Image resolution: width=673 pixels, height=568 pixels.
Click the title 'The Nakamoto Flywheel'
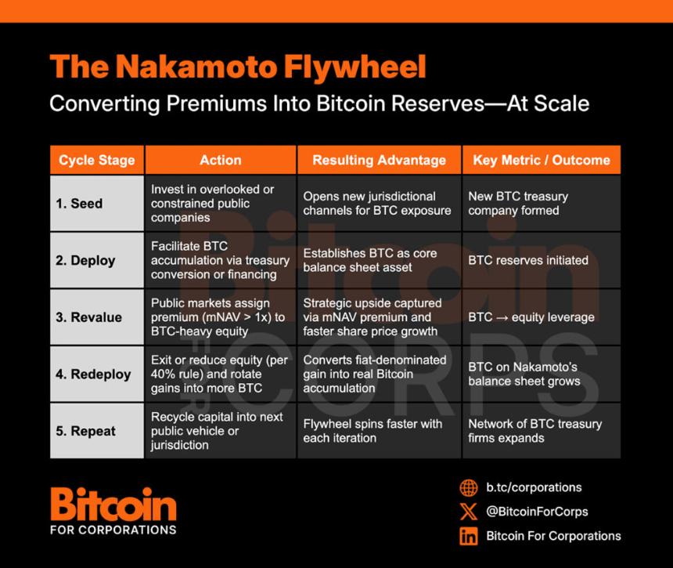[x=238, y=67]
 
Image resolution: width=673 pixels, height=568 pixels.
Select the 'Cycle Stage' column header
[x=97, y=161]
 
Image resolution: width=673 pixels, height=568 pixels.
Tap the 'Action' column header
[x=221, y=160]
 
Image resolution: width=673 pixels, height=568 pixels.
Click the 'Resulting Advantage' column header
[x=379, y=161]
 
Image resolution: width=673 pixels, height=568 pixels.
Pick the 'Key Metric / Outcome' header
[x=542, y=161]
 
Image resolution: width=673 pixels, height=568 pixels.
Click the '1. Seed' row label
[x=79, y=204]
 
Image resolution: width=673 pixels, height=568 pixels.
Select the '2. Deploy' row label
[x=85, y=261]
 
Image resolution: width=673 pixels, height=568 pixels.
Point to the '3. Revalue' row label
[x=88, y=317]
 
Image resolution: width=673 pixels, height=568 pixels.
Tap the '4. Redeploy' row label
[x=93, y=374]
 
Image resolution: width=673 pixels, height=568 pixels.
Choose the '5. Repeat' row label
[x=85, y=431]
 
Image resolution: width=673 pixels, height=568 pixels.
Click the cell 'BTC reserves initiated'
[x=528, y=260]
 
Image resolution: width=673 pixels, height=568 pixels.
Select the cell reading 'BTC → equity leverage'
[x=531, y=317]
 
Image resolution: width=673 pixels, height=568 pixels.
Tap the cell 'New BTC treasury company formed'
[x=518, y=204]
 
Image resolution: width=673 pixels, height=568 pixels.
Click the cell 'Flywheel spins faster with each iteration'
[x=372, y=431]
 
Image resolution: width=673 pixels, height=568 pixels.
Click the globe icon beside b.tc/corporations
[x=469, y=487]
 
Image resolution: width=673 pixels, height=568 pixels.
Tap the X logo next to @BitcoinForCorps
[x=469, y=512]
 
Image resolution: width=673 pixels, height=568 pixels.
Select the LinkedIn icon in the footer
[x=469, y=536]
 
